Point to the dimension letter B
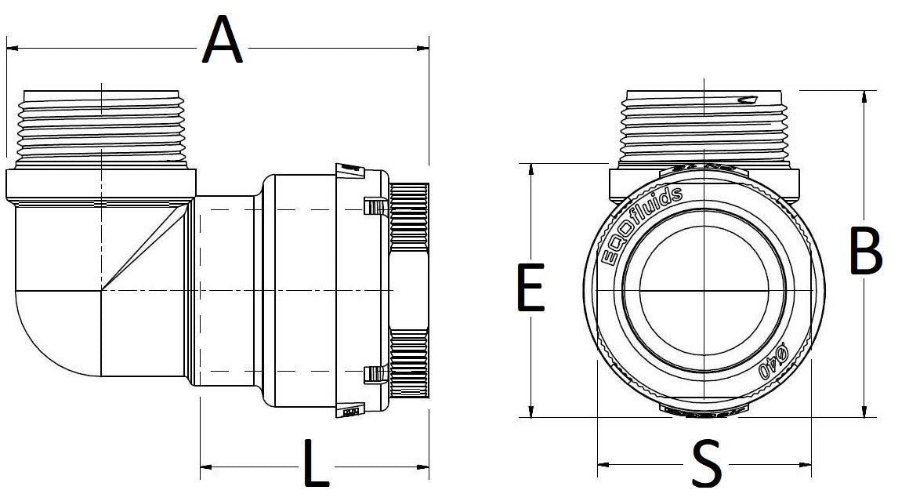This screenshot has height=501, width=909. [x=866, y=252]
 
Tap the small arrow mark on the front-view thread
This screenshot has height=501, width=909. [x=747, y=100]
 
